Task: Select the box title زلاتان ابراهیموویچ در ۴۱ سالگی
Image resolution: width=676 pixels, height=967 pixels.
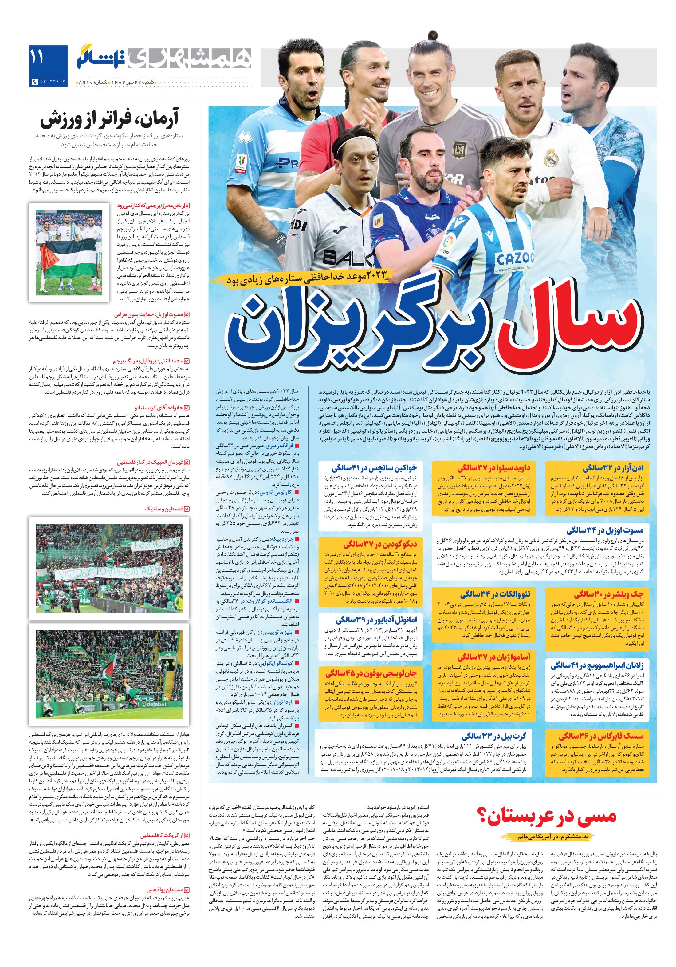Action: point(596,665)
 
